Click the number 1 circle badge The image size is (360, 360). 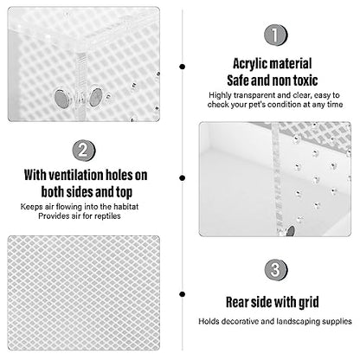click(275, 35)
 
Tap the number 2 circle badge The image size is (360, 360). click(84, 151)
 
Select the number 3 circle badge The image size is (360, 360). click(276, 270)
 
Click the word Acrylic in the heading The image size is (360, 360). click(250, 64)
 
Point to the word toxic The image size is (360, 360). click(305, 80)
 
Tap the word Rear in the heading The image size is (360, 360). click(237, 302)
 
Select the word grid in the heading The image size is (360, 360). click(308, 303)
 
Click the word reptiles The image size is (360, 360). click(107, 216)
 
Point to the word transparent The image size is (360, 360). click(254, 95)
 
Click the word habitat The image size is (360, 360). click(125, 207)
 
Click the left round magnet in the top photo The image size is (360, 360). click(62, 98)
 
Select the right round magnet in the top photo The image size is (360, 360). click(96, 97)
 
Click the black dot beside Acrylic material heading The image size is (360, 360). click(182, 67)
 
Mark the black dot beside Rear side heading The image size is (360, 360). click(182, 294)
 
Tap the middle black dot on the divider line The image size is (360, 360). click(182, 178)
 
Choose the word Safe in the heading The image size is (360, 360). click(238, 80)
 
